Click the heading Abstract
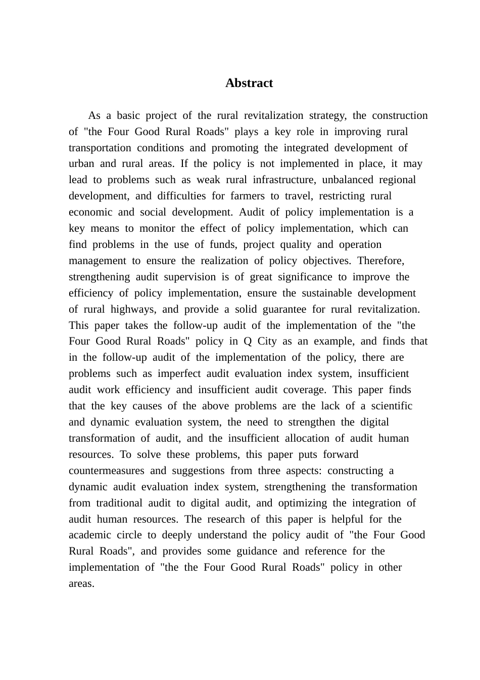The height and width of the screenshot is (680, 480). tap(249, 83)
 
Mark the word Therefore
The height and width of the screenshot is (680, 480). tap(380, 261)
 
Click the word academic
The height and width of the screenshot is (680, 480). tap(89, 535)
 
